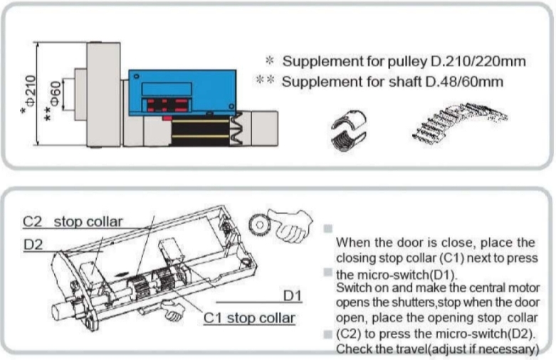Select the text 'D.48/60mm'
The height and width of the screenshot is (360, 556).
point(470,82)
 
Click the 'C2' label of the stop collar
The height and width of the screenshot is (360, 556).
point(32,221)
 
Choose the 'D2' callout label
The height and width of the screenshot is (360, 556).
point(33,245)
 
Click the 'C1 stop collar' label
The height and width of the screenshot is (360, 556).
point(249,317)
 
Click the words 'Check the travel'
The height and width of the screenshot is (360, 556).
point(377,349)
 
